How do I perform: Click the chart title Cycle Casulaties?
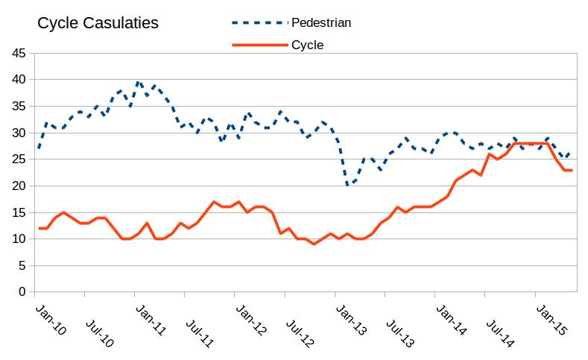click(98, 23)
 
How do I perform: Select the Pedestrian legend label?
click(320, 22)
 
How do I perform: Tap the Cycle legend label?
click(307, 45)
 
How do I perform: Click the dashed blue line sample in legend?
click(260, 22)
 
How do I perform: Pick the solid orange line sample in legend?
click(260, 45)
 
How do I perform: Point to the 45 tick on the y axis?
click(17, 53)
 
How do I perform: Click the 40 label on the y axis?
click(17, 80)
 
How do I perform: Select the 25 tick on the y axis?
click(17, 160)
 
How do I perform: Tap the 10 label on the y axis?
click(17, 239)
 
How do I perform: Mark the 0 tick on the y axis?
click(21, 292)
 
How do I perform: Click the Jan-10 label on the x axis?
click(51, 318)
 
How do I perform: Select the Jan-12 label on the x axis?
click(251, 318)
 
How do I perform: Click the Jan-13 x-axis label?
click(351, 318)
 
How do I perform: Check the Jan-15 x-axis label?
click(551, 318)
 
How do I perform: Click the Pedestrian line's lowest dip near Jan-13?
click(347, 186)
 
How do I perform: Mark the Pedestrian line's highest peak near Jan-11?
click(138, 82)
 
